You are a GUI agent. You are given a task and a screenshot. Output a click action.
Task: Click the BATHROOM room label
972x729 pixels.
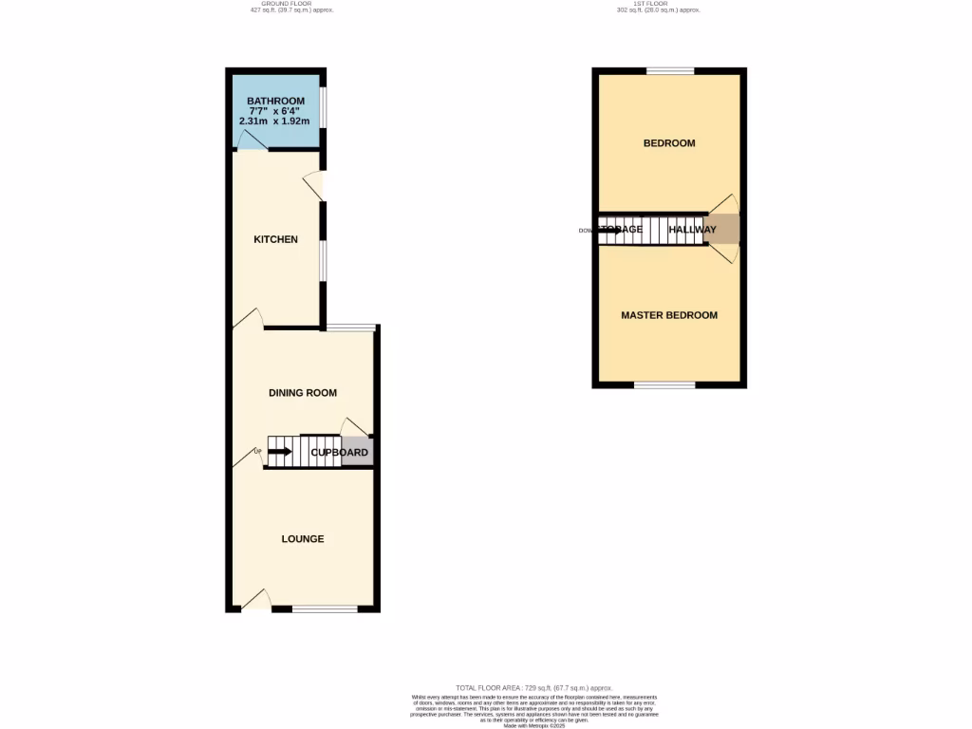275,101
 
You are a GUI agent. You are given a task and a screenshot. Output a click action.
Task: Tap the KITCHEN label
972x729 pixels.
275,239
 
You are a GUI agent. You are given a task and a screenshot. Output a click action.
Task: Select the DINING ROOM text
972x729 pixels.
303,393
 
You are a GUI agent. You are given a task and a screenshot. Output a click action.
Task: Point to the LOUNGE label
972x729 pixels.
303,539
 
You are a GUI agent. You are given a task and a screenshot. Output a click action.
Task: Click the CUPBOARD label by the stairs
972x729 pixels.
340,453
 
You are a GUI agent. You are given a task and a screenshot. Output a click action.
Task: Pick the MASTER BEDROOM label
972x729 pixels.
669,315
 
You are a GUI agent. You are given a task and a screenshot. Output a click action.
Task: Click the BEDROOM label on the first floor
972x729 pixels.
669,143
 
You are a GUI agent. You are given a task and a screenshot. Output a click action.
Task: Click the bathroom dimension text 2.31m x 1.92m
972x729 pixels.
275,121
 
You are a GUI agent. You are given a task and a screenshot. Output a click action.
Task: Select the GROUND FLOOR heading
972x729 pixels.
287,4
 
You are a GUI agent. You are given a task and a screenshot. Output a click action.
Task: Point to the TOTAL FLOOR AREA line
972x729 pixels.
533,687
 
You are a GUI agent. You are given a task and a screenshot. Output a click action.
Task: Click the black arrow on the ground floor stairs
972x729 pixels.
280,452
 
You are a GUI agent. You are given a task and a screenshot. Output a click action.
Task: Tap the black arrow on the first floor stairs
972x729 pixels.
610,231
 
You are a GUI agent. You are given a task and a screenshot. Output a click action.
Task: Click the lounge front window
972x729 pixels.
325,608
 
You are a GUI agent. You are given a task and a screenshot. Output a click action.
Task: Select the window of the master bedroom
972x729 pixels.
664,384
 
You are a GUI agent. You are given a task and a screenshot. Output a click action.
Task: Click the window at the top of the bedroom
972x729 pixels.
670,71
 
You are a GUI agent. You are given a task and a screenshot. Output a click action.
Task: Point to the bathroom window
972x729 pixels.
323,107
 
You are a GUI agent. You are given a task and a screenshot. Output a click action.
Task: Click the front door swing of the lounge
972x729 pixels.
255,599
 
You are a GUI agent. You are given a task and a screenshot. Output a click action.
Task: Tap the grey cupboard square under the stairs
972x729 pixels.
357,451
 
